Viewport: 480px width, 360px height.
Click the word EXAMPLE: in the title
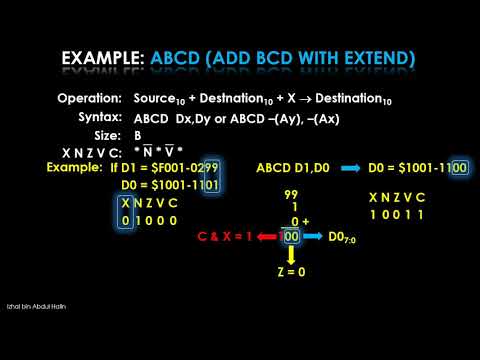[x=103, y=59]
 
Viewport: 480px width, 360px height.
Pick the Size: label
[x=107, y=135]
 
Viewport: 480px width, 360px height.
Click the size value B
[x=138, y=135]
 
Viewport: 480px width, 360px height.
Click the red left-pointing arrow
[x=267, y=237]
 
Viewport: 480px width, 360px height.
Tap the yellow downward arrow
[x=292, y=257]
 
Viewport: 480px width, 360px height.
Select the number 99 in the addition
[x=292, y=193]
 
